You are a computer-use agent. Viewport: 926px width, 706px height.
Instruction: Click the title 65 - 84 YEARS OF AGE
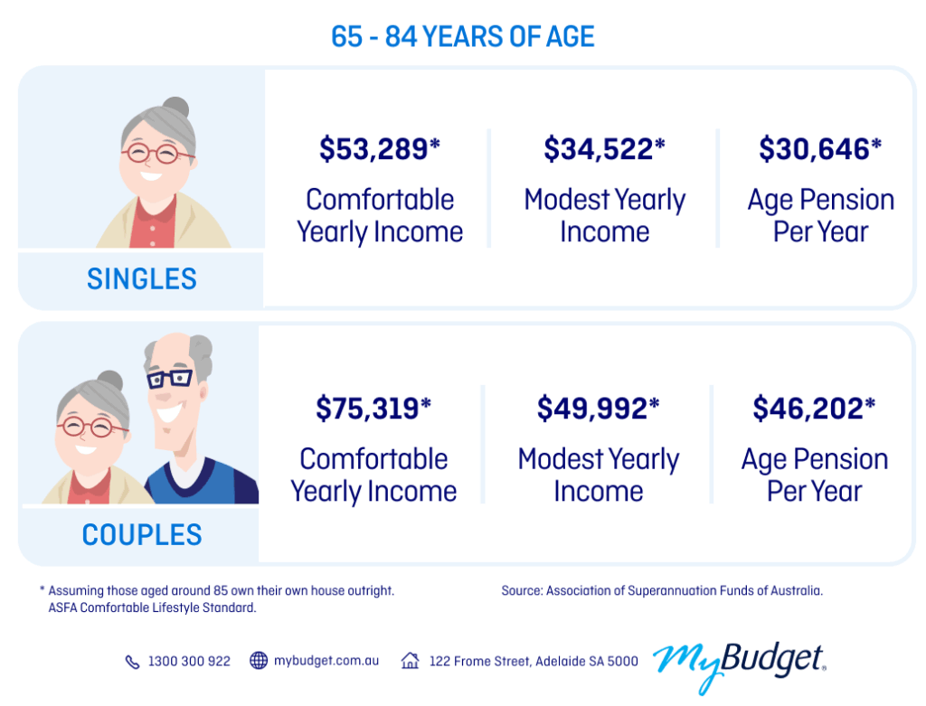pyautogui.click(x=462, y=37)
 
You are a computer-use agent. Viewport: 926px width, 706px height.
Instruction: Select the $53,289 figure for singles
pyautogui.click(x=379, y=149)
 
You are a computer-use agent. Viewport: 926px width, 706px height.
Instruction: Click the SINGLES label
pyautogui.click(x=142, y=279)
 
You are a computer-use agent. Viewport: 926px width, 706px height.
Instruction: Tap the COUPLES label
pyautogui.click(x=142, y=535)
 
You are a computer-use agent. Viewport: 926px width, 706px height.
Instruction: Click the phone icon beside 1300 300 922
pyautogui.click(x=132, y=662)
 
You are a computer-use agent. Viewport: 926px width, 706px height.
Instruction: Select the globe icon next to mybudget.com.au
pyautogui.click(x=259, y=661)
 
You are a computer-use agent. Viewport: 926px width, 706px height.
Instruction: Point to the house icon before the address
pyautogui.click(x=411, y=661)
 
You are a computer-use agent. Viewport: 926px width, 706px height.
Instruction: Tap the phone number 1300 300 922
pyautogui.click(x=189, y=662)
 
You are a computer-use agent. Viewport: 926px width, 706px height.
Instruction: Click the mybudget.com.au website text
pyautogui.click(x=326, y=661)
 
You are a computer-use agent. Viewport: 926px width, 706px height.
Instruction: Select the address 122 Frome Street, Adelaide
pyautogui.click(x=534, y=662)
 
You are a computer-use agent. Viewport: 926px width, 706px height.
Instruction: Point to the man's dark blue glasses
pyautogui.click(x=169, y=378)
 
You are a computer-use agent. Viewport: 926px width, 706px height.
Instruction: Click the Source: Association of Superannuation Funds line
pyautogui.click(x=662, y=590)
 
